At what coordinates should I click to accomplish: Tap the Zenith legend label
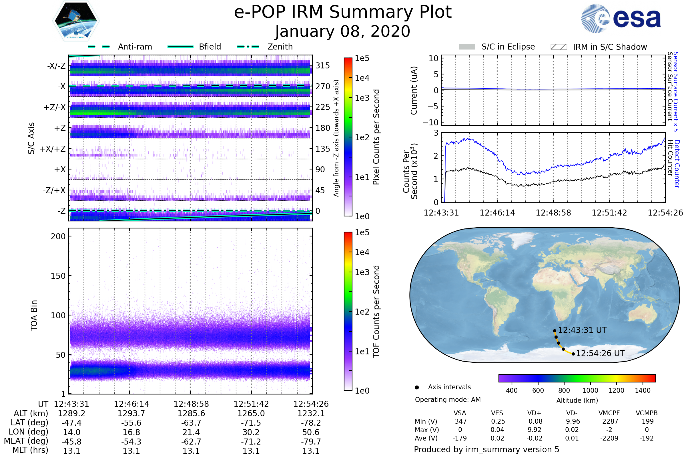coord(280,47)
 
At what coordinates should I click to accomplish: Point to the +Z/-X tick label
coord(55,108)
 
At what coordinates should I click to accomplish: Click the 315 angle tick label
coord(323,66)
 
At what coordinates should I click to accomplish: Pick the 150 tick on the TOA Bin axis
coord(58,276)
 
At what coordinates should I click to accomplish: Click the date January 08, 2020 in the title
coord(343,31)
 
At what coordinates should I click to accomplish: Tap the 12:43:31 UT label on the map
coord(582,330)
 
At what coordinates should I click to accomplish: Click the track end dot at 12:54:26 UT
coord(573,354)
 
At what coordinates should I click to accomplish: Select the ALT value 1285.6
coord(191,414)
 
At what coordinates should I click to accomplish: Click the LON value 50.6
coord(311,432)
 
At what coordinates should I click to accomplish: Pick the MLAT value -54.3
coord(131,442)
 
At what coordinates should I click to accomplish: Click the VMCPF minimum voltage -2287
coord(609,421)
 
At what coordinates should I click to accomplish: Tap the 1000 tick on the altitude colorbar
coord(590,390)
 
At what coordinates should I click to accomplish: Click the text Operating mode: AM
coord(448,400)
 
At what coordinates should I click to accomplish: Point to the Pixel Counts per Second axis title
coord(376,137)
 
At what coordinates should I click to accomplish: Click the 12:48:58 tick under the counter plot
coord(553,213)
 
